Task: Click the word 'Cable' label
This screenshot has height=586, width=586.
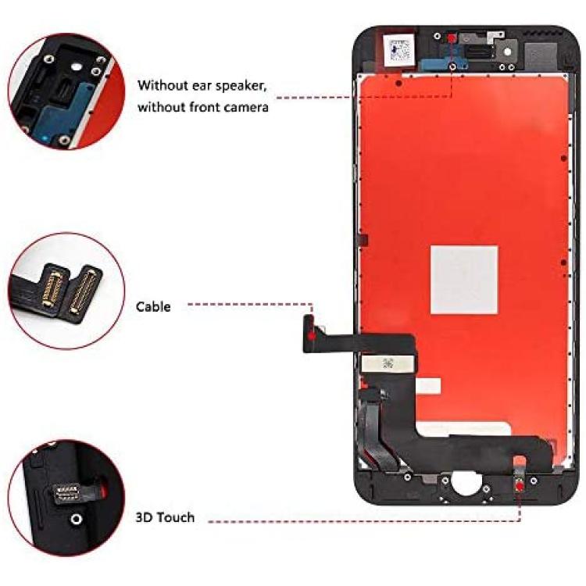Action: pyautogui.click(x=153, y=307)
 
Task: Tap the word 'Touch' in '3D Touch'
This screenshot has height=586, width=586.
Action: pyautogui.click(x=176, y=517)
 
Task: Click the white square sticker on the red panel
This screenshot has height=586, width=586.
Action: pyautogui.click(x=464, y=280)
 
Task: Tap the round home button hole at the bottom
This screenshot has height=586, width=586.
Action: pyautogui.click(x=466, y=484)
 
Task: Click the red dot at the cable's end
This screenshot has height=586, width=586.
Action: pyautogui.click(x=312, y=335)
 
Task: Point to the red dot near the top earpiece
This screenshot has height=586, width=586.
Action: pyautogui.click(x=452, y=38)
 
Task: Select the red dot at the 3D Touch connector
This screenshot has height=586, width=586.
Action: pyautogui.click(x=520, y=486)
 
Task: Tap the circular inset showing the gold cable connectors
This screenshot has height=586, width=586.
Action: pyautogui.click(x=66, y=291)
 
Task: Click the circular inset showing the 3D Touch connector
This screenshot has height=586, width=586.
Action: pyautogui.click(x=66, y=498)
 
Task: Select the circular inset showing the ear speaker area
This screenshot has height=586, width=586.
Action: pyautogui.click(x=66, y=91)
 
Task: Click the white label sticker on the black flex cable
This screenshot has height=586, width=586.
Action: pyautogui.click(x=387, y=363)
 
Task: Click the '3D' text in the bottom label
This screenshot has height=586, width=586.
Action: pyautogui.click(x=144, y=517)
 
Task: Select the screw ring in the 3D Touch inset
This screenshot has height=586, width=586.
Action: pyautogui.click(x=77, y=519)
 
